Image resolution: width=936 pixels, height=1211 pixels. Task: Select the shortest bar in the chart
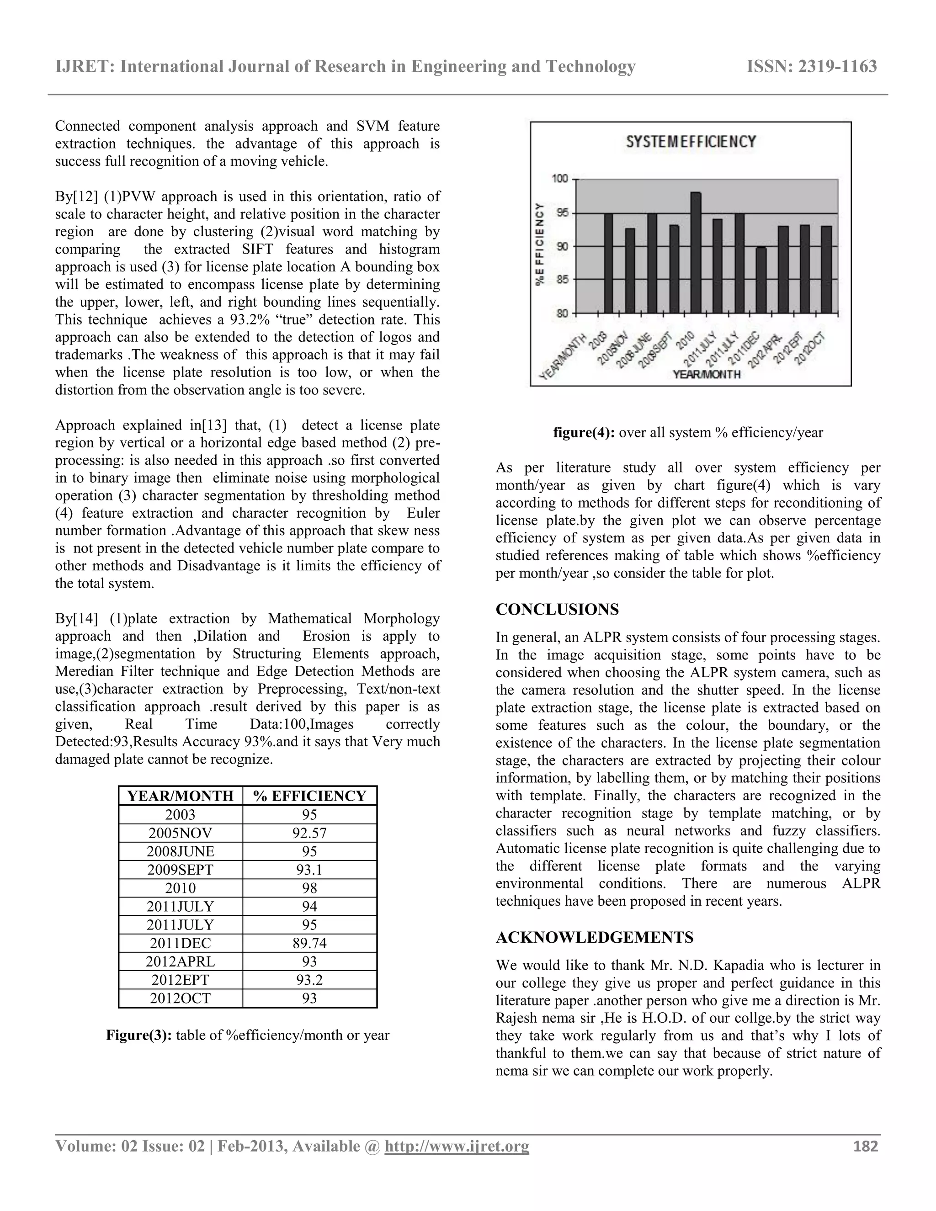coord(761,280)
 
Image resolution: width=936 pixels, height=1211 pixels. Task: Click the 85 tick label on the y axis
coord(562,280)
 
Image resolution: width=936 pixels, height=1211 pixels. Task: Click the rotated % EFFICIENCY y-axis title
coord(539,244)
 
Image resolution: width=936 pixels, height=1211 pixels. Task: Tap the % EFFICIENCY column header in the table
coord(309,796)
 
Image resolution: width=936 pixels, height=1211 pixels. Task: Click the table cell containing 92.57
coord(309,833)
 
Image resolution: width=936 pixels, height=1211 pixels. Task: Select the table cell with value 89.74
coord(309,943)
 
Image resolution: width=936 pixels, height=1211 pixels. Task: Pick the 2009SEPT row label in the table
coord(180,870)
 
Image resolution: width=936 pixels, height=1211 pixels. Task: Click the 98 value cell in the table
coord(309,888)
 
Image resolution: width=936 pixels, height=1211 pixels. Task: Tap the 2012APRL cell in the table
coord(180,961)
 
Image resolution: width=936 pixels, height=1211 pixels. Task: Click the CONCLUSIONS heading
coord(557,609)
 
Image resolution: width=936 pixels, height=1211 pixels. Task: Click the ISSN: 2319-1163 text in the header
coord(812,67)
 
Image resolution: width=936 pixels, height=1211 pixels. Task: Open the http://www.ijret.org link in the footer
coord(457,1146)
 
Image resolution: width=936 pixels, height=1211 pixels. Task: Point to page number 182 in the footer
coord(866,1146)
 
